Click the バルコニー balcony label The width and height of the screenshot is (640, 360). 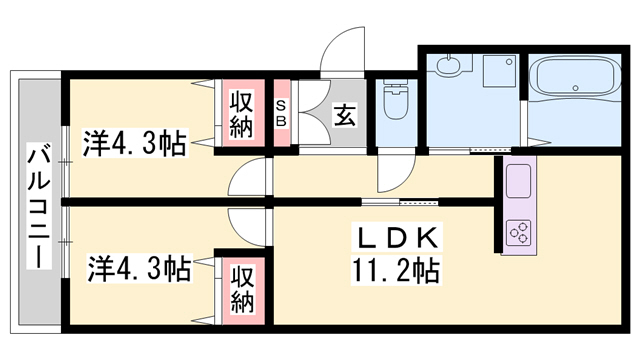(39, 205)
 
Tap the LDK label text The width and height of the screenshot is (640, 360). (396, 238)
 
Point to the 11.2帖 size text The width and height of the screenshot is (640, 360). (396, 270)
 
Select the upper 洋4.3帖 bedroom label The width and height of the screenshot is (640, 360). (135, 143)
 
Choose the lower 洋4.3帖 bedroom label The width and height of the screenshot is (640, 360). (139, 269)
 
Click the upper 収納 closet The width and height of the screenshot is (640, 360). (241, 113)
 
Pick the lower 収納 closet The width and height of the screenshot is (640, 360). (242, 291)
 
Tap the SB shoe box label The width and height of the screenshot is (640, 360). (282, 113)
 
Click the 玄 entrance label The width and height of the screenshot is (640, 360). (344, 116)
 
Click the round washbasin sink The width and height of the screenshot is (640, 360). (448, 65)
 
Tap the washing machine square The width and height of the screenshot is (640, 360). (499, 71)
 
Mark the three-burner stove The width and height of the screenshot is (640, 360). (519, 233)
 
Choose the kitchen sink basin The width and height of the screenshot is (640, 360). (519, 181)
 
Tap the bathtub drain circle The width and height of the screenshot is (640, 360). (576, 88)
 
